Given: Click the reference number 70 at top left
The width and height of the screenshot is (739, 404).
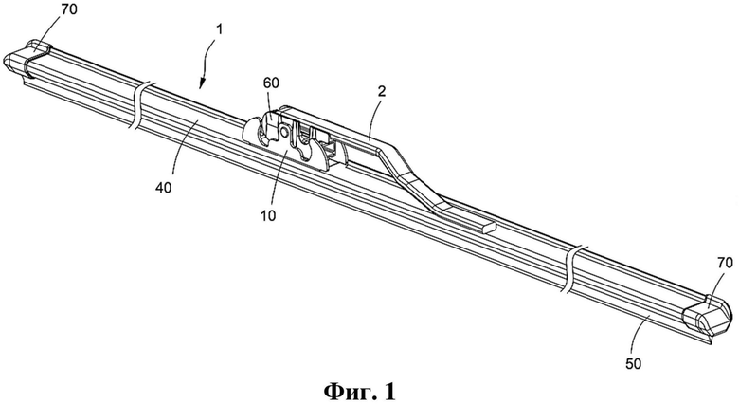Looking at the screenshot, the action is pos(68,9).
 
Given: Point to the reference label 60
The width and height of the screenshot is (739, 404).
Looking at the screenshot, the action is pos(272,83).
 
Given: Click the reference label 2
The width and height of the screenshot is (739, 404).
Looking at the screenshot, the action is pos(381,91).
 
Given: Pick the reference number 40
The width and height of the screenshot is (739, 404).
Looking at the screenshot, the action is pos(164,188).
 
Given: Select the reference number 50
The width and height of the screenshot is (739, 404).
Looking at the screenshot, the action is pos(634,363).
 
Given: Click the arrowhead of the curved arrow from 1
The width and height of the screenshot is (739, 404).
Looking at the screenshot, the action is pos(202,84).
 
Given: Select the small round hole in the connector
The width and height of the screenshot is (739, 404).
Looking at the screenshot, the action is pos(284,131).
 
